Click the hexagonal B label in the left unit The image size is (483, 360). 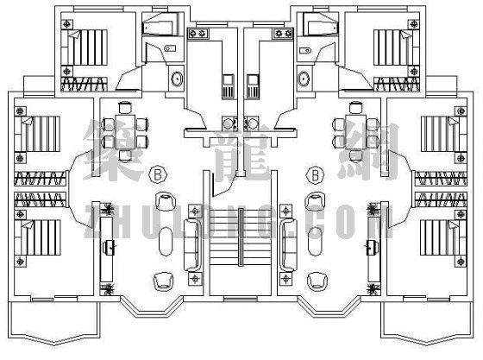click(x=158, y=174)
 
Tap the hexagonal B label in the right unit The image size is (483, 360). click(x=315, y=174)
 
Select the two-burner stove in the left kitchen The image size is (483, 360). click(x=198, y=33)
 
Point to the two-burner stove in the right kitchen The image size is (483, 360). click(x=283, y=33)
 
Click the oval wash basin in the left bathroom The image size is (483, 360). click(x=177, y=79)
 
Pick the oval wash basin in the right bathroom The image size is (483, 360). click(x=304, y=79)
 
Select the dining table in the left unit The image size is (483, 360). click(x=125, y=132)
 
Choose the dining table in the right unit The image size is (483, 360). click(x=355, y=132)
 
